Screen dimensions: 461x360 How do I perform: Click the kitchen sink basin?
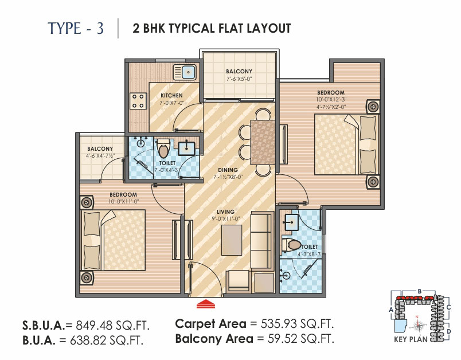click(x=189, y=72)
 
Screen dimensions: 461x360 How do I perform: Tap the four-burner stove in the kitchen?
click(x=138, y=101)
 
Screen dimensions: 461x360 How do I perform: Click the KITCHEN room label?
click(x=171, y=96)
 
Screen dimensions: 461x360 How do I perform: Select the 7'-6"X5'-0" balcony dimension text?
click(x=239, y=79)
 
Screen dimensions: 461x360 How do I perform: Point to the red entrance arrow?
click(x=206, y=304)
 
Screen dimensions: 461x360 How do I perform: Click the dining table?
click(x=263, y=142)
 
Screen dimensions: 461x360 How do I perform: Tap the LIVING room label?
click(x=225, y=212)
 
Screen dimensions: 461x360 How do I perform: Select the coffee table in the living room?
click(x=232, y=240)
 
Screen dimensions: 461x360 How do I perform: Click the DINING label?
click(x=228, y=170)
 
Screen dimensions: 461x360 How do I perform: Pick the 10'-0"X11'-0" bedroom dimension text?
click(x=123, y=202)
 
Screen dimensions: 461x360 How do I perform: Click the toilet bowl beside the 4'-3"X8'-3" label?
click(x=292, y=245)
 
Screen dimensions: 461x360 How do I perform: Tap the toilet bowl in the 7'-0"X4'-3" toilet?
click(x=163, y=148)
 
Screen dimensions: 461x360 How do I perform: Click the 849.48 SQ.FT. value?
click(x=113, y=326)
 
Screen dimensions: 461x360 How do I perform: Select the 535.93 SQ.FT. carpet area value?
click(x=297, y=324)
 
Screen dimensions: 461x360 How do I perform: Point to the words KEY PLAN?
click(x=411, y=339)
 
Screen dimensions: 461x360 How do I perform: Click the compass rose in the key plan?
click(x=417, y=325)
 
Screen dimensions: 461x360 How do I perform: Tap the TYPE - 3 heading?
click(x=76, y=29)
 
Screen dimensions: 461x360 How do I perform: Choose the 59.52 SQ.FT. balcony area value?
click(x=301, y=339)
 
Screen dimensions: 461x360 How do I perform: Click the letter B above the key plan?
click(x=420, y=291)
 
